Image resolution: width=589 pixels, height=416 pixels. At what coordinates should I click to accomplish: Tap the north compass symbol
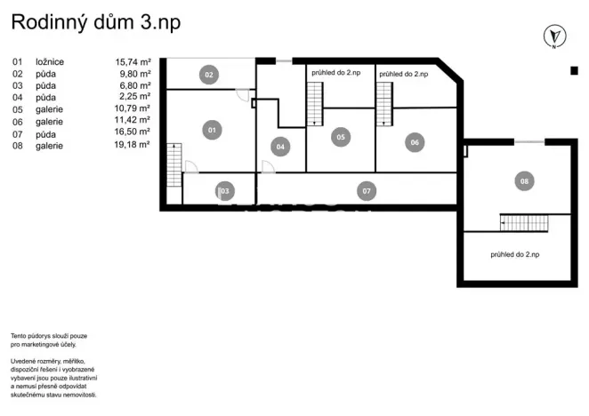[554, 36]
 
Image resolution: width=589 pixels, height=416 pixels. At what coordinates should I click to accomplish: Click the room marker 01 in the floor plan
[212, 131]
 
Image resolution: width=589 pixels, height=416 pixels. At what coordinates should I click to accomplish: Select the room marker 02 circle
[209, 75]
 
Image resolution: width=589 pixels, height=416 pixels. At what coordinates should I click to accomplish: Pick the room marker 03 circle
[224, 190]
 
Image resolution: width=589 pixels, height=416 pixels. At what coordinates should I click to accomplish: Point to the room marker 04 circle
[279, 146]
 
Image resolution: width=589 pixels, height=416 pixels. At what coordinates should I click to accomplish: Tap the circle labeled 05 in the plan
[340, 137]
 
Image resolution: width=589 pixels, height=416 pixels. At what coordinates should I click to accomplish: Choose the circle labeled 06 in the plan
[414, 142]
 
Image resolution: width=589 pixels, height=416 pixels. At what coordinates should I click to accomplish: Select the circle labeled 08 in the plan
[523, 181]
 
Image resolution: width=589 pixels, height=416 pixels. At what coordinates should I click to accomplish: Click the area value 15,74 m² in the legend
[133, 62]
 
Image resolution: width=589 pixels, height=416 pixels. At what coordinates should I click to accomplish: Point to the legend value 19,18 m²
[133, 145]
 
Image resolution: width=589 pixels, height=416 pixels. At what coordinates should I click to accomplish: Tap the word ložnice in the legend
[50, 62]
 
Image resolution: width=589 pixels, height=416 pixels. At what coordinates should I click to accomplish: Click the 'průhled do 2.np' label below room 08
[520, 254]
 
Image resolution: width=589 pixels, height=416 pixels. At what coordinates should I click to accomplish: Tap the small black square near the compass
[573, 70]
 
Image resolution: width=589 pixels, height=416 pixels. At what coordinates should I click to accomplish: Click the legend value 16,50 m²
[133, 133]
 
